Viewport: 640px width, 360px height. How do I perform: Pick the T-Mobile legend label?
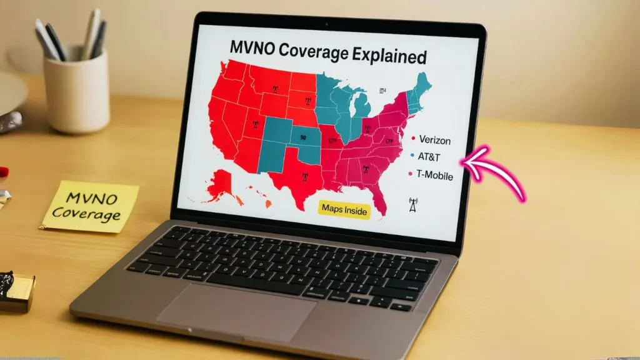(x=436, y=176)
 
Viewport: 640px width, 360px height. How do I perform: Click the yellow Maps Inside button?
(x=344, y=210)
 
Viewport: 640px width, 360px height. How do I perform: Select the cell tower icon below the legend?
(x=412, y=206)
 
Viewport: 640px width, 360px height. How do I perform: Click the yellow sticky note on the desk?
(x=91, y=206)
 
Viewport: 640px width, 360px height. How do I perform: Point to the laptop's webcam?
(x=326, y=24)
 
